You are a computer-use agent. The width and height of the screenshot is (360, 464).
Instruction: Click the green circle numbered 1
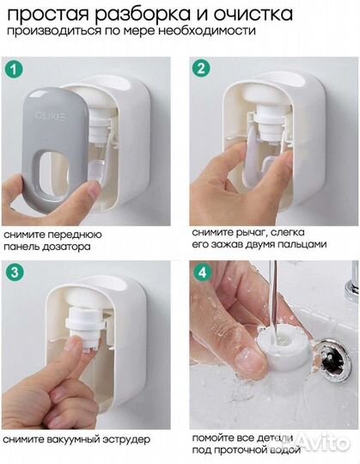click(14, 70)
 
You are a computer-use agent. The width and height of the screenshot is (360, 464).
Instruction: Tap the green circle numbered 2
click(201, 69)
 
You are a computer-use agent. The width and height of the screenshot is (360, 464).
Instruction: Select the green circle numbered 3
click(15, 272)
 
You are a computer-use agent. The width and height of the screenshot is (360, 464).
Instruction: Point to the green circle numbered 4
click(202, 272)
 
